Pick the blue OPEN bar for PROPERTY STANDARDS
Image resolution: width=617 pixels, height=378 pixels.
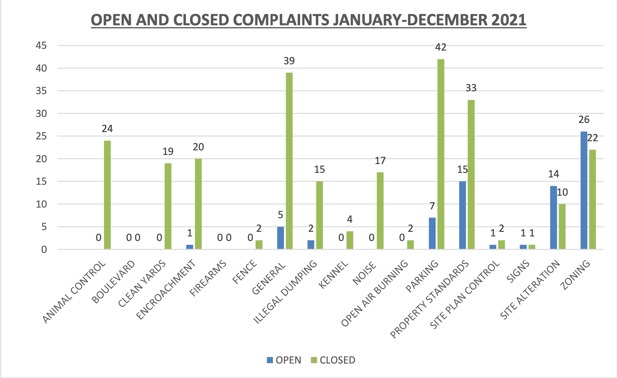click(462, 215)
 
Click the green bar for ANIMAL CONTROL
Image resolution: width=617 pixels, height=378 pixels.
click(107, 195)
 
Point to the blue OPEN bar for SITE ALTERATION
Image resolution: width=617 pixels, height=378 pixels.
click(553, 217)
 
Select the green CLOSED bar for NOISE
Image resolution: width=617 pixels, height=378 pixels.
click(380, 211)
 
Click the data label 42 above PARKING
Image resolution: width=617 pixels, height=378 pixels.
click(441, 47)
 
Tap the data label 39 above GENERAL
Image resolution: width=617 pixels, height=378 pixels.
click(289, 61)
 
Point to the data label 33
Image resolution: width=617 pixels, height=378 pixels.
click(471, 88)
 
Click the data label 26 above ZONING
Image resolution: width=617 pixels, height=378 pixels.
click(584, 120)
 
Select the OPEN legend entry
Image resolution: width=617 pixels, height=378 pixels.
click(284, 360)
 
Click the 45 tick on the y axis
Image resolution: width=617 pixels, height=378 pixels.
click(41, 46)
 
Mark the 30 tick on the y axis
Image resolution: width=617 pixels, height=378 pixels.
click(41, 113)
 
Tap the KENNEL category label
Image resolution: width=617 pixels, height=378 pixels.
click(333, 275)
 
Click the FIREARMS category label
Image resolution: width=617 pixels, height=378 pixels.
click(208, 279)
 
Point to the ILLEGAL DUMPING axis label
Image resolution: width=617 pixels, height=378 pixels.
click(285, 292)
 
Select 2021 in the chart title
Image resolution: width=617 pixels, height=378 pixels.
click(508, 20)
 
